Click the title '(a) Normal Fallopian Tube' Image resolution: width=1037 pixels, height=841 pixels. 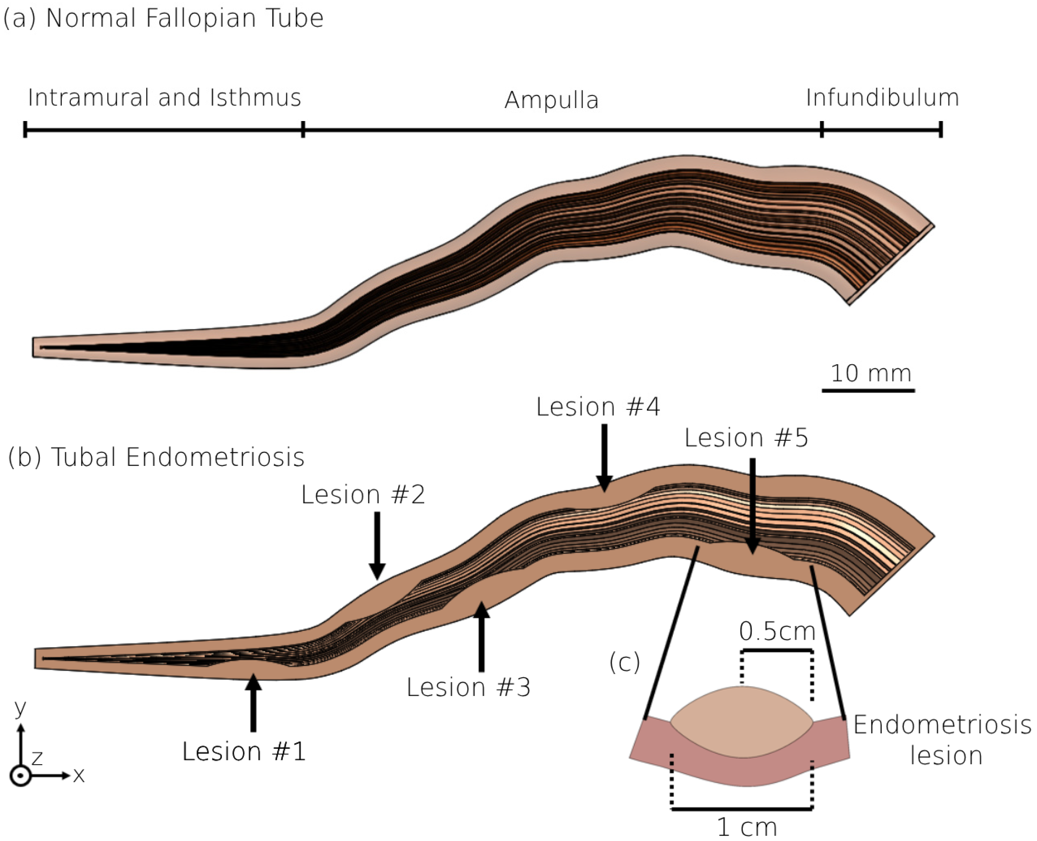tap(163, 18)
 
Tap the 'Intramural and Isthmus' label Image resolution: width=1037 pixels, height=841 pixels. tap(165, 97)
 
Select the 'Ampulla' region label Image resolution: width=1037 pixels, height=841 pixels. tap(551, 100)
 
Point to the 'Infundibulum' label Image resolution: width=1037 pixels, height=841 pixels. tap(882, 97)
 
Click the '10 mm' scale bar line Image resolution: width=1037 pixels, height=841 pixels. tap(868, 390)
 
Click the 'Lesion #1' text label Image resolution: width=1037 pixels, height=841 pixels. tap(244, 751)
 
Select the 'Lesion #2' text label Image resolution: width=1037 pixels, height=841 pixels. tap(363, 495)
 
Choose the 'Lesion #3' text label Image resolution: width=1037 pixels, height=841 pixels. tap(468, 687)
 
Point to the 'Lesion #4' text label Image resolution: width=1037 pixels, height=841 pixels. tap(598, 406)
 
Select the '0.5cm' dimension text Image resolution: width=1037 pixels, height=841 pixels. tap(777, 631)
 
